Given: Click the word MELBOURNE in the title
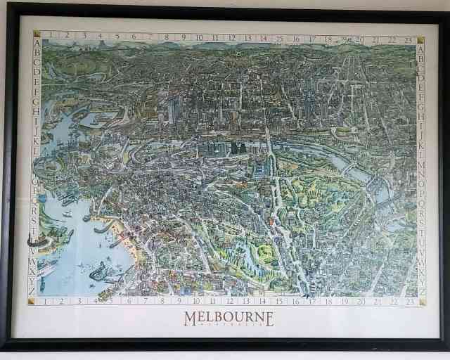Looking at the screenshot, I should point(229,318).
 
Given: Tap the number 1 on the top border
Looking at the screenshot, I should point(51,34).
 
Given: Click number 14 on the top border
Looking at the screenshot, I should point(264,39).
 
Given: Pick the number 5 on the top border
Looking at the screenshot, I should point(117,35).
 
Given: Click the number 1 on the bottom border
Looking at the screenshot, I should point(45,301).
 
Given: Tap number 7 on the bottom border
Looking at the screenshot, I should point(145,302).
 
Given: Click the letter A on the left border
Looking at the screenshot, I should point(36,42).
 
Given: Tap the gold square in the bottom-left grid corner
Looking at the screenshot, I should point(32,301).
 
